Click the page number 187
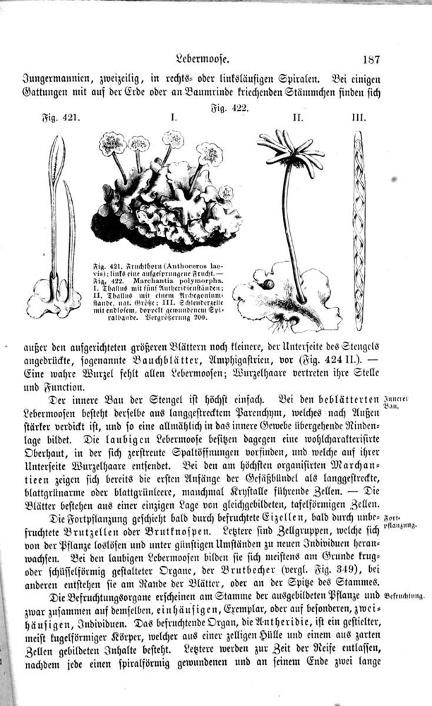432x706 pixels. [x=368, y=61]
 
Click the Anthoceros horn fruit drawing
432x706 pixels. [x=56, y=226]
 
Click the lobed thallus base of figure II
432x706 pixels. [x=282, y=297]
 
